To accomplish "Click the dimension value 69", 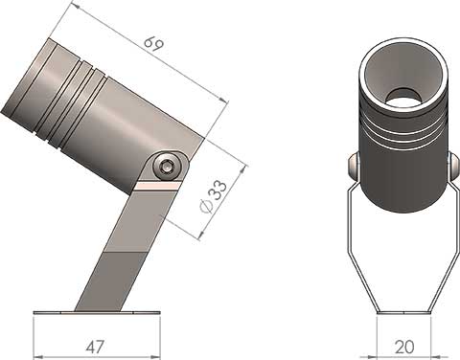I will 151,44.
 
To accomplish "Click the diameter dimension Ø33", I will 213,198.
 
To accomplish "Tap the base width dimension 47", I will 95,346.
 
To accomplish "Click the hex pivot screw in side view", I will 170,167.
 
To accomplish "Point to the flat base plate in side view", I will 96,312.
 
